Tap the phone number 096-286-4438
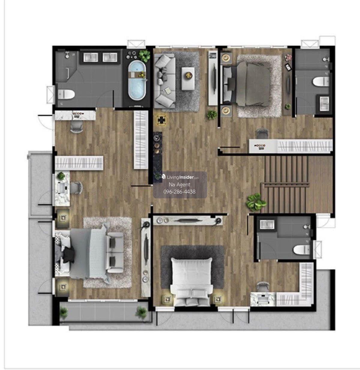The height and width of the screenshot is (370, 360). coord(179,192)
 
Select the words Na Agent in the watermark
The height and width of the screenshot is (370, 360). coord(179,185)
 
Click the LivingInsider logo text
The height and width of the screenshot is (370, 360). coord(180,177)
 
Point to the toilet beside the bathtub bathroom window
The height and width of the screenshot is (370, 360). coord(66,94)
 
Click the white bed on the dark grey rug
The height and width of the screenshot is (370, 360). coord(191,282)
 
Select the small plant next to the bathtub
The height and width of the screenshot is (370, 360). coord(144,55)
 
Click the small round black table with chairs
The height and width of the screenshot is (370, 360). coord(161,120)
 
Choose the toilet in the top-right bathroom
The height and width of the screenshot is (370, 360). coord(321,81)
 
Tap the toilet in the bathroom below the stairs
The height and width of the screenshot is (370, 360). coord(302,250)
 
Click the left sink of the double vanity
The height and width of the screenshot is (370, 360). coord(91,57)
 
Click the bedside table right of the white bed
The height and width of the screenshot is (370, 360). coord(218,300)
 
